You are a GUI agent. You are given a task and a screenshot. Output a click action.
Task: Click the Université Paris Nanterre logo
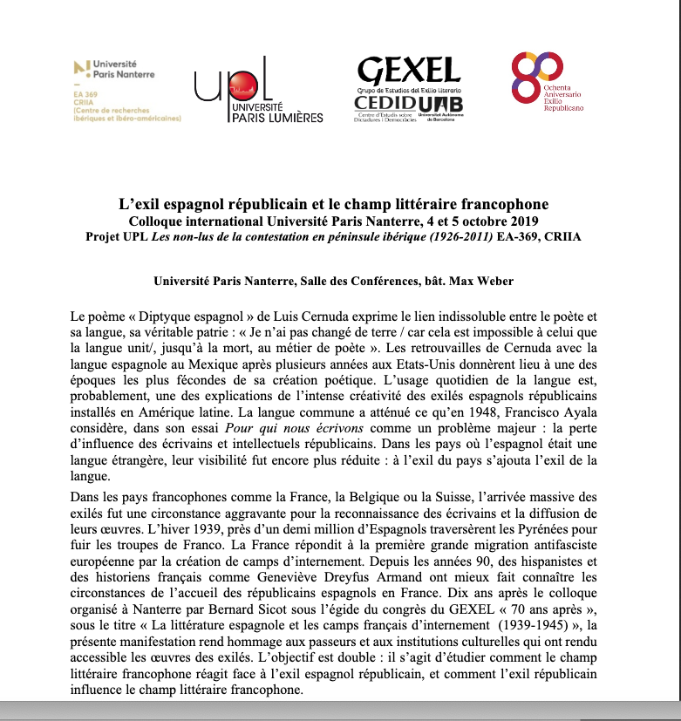click(x=115, y=69)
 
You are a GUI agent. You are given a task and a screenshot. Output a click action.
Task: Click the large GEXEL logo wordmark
click(x=409, y=71)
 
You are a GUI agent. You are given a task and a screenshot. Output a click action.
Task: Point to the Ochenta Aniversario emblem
click(x=535, y=75)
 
